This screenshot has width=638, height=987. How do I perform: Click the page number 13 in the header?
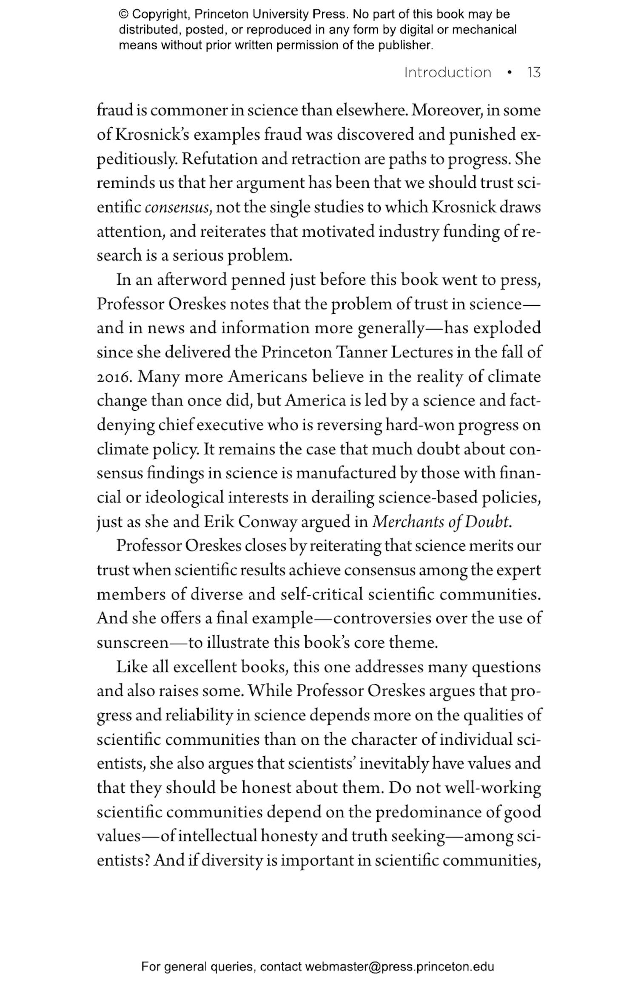tap(533, 72)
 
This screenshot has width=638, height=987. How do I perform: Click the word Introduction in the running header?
tap(447, 72)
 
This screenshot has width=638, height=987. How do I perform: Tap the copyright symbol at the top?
tap(123, 14)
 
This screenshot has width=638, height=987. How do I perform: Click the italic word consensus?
tap(178, 208)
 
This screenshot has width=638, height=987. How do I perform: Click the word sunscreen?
tap(133, 643)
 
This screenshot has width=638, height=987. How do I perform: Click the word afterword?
tap(191, 280)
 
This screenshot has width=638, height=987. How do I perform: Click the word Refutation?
tap(218, 159)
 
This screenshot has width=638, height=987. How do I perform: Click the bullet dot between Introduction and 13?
tap(510, 73)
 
